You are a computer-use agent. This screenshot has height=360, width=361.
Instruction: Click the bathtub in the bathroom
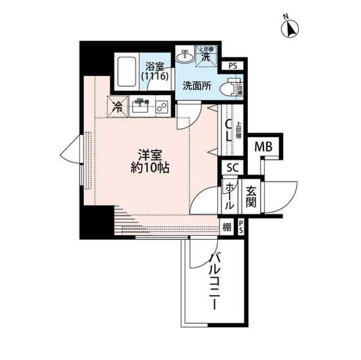point(126,72)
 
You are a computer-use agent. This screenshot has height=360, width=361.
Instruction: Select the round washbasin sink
point(184,56)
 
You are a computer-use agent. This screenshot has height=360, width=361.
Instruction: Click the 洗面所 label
point(196,87)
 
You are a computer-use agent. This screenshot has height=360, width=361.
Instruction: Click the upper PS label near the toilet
point(233,66)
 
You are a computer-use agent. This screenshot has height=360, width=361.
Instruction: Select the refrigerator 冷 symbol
point(117,105)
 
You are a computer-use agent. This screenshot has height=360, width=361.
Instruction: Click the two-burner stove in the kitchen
point(162,106)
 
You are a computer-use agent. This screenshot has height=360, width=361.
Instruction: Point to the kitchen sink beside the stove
point(140,105)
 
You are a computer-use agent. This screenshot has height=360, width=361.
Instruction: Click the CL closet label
point(228,131)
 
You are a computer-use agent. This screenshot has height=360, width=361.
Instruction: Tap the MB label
point(263,147)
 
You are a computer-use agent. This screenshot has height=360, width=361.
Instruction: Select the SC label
point(232,167)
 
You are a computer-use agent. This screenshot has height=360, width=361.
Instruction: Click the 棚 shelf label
point(226,228)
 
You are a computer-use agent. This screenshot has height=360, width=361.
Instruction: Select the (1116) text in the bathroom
point(155,75)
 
